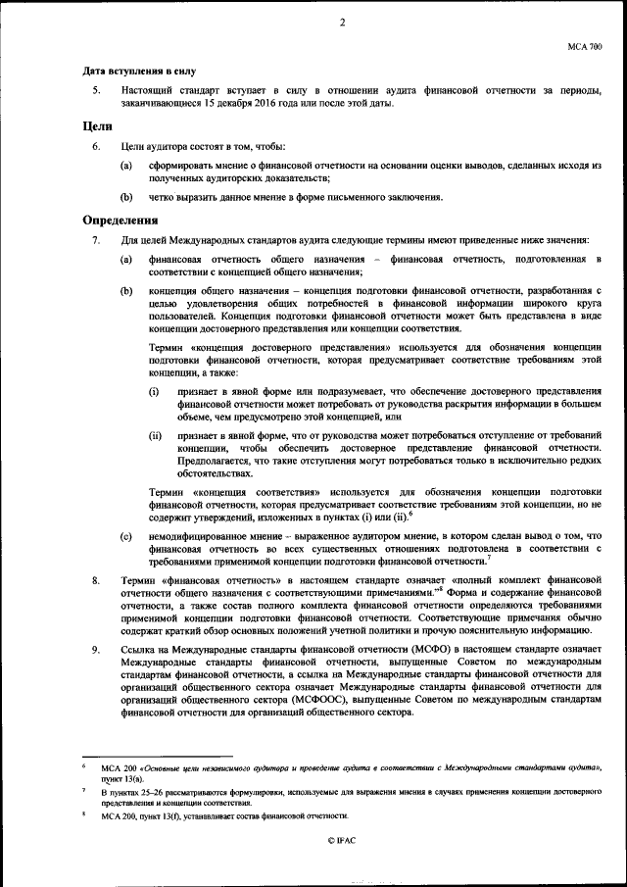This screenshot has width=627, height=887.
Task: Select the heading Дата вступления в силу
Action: (140, 71)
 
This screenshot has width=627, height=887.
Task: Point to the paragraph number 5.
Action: (95, 90)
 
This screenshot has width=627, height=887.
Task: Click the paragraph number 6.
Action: (95, 146)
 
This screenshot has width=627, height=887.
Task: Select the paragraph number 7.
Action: (95, 240)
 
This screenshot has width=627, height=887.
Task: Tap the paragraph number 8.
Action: (95, 580)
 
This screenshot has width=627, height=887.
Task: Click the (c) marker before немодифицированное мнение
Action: (126, 536)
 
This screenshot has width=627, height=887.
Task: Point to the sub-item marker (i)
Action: (154, 391)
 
